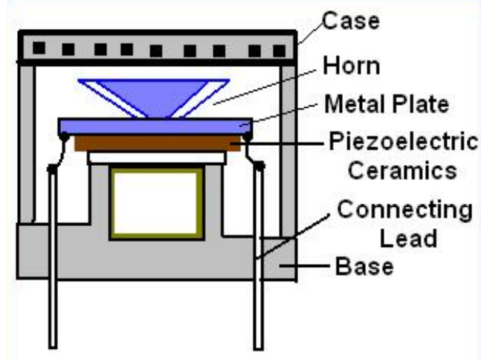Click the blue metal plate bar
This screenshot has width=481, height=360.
point(156,126)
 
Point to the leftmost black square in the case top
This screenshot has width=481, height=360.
point(39,49)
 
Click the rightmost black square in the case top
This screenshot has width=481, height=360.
point(280,51)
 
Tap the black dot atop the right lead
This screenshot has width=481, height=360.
point(259,169)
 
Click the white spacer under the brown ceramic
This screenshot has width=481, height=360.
point(156,157)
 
